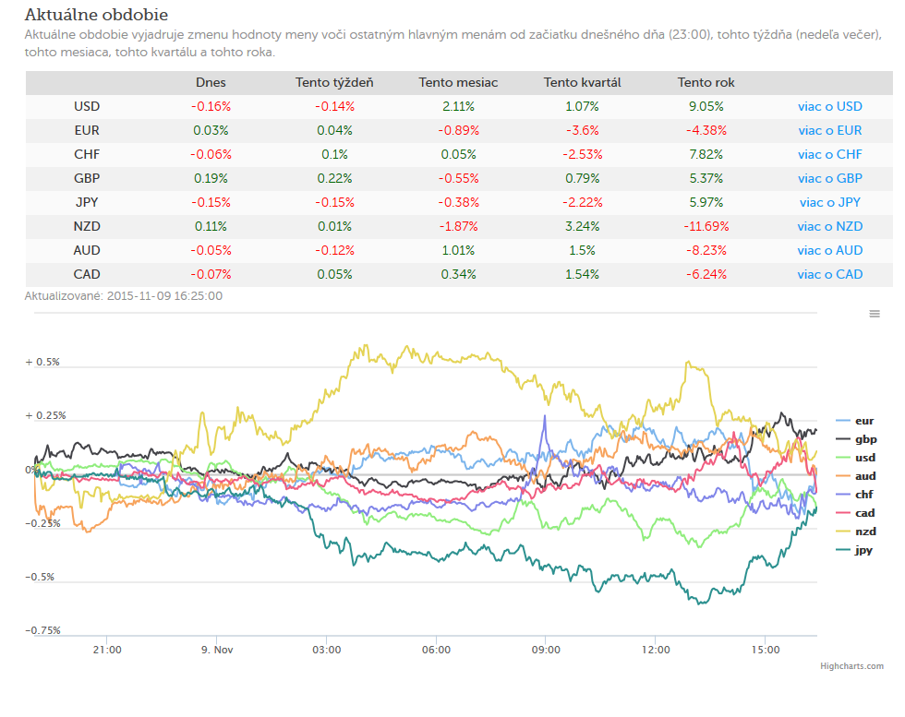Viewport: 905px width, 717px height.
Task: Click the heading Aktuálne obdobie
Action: (x=96, y=15)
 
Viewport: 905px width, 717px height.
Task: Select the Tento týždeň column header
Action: (x=334, y=82)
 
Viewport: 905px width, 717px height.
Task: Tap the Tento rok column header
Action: (x=706, y=82)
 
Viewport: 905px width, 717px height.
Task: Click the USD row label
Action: (x=87, y=107)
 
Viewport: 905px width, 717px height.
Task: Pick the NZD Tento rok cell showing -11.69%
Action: (x=706, y=227)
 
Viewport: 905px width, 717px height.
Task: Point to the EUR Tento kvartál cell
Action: (x=583, y=131)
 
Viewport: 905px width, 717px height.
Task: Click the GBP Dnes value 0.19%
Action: (x=211, y=179)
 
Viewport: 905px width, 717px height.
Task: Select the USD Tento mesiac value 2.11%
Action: (x=458, y=107)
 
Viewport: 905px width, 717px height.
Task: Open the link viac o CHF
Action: (x=830, y=155)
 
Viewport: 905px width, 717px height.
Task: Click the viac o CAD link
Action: (x=830, y=275)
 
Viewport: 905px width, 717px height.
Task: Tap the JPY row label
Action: (x=87, y=202)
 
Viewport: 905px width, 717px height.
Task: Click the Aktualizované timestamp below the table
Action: (x=124, y=296)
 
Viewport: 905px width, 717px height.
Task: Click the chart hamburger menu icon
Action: (x=875, y=314)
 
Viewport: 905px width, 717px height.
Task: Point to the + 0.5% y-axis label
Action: (x=42, y=363)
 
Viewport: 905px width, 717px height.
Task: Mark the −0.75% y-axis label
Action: (x=42, y=630)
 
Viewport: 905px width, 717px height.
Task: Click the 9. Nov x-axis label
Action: (x=217, y=650)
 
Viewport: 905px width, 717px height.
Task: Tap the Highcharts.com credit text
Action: (x=851, y=666)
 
